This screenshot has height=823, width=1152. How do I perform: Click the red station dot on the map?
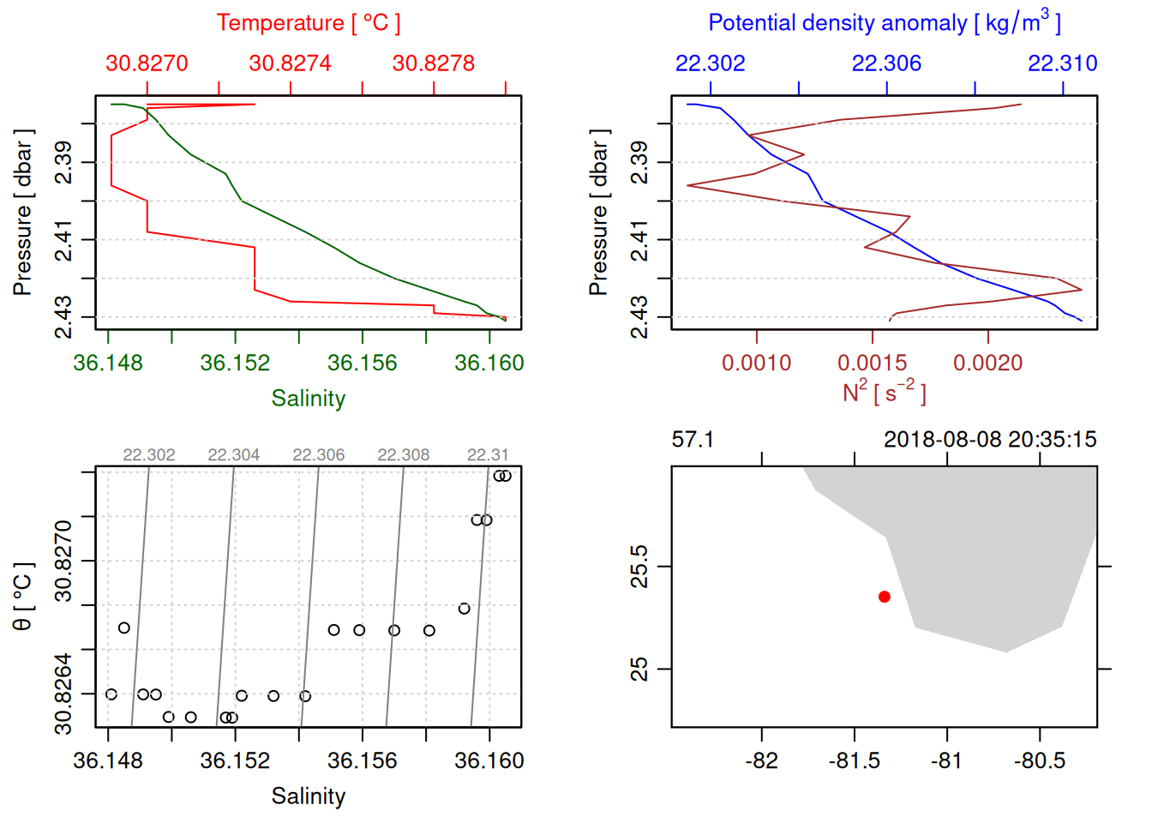(x=884, y=597)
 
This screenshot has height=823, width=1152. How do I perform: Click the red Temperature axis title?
(x=308, y=23)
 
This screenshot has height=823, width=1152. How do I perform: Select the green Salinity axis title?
(x=308, y=399)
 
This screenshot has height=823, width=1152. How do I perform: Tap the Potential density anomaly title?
(x=884, y=23)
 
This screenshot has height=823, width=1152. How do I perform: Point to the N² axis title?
(x=884, y=392)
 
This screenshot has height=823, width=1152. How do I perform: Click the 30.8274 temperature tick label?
(x=290, y=63)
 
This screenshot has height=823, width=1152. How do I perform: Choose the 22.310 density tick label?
(x=1062, y=63)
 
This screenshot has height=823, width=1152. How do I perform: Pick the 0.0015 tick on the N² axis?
(x=872, y=363)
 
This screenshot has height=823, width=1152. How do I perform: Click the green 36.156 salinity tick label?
(x=362, y=363)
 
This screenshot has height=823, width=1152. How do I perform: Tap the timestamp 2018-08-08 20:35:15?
(x=990, y=440)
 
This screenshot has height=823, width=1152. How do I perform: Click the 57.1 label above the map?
(x=693, y=440)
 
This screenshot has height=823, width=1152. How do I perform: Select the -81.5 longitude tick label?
(x=854, y=761)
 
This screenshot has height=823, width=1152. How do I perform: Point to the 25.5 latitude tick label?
(x=639, y=566)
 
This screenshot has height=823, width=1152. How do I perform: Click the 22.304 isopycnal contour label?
(x=233, y=455)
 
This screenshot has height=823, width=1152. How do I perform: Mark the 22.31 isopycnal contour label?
(x=487, y=455)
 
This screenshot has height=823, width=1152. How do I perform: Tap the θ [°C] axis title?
(x=22, y=597)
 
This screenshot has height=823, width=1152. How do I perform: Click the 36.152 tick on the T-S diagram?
(x=235, y=761)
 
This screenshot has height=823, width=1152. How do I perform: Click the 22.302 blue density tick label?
(x=710, y=63)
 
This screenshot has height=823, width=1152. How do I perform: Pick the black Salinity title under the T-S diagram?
(x=308, y=796)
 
